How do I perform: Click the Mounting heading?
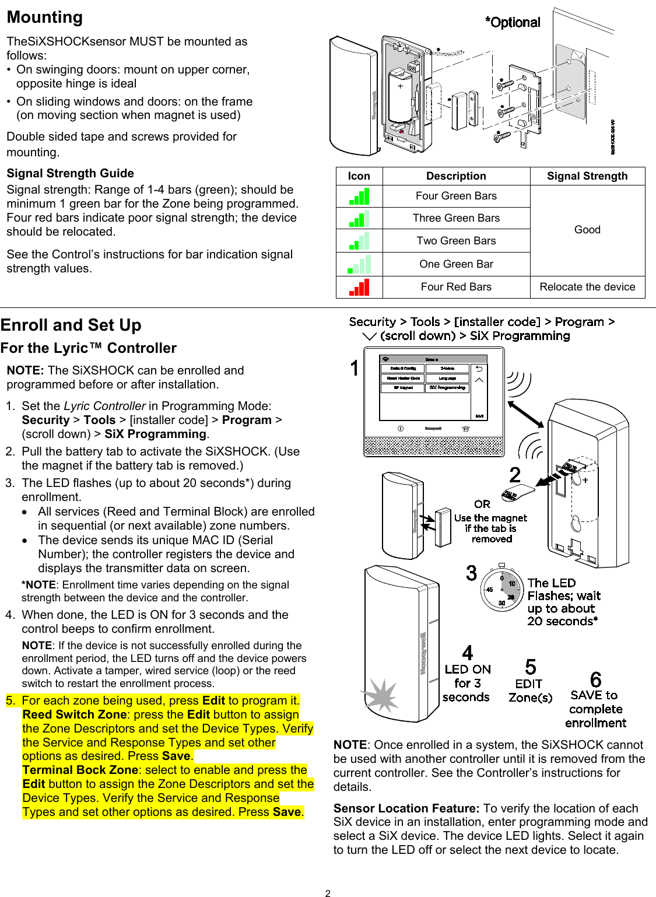(45, 17)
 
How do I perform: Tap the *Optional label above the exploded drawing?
(513, 23)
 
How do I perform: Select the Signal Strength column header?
(587, 176)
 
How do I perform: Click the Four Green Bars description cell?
(456, 196)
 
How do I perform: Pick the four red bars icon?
(359, 287)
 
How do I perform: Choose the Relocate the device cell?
(587, 287)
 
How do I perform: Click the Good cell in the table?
(587, 230)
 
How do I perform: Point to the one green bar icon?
(359, 264)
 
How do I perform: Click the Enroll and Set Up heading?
(71, 325)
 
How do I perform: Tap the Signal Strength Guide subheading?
(70, 173)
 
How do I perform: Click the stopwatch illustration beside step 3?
(501, 588)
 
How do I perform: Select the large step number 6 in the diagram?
(595, 679)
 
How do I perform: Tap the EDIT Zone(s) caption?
(530, 691)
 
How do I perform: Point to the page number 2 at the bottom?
(328, 893)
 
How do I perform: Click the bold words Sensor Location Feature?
(406, 808)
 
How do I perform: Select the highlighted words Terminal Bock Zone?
(80, 770)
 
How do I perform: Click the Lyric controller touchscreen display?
(433, 388)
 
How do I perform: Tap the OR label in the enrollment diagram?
(482, 504)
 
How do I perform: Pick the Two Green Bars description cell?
(456, 241)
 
